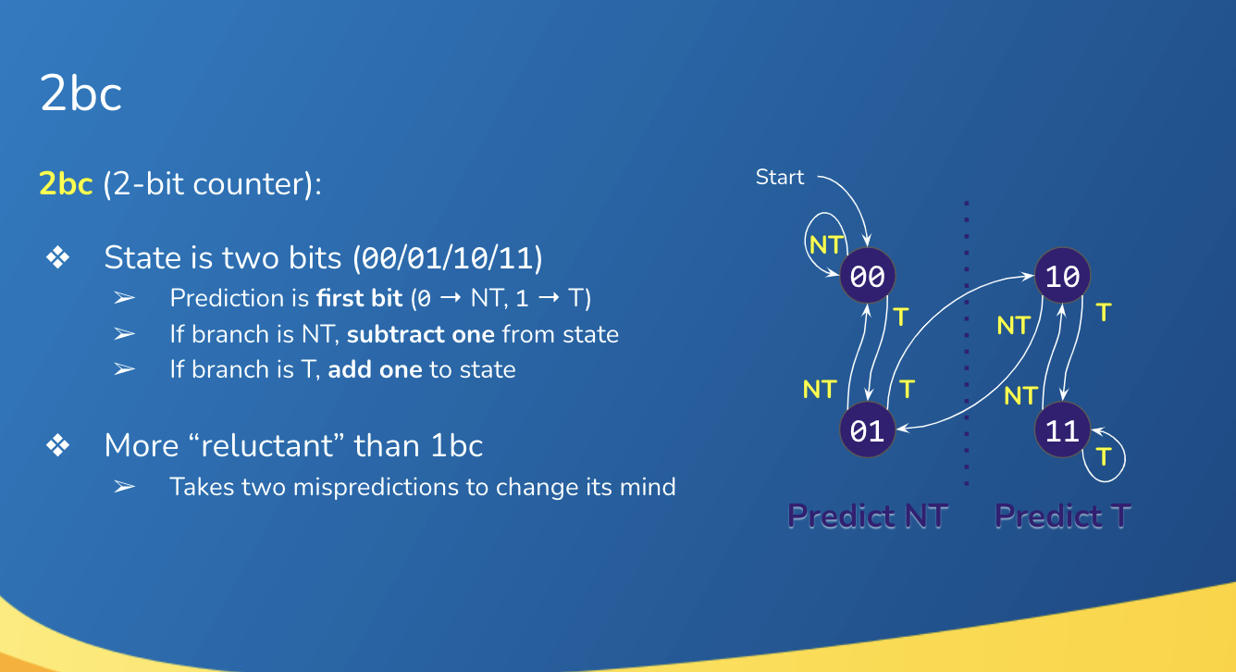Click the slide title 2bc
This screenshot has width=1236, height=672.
coord(81,94)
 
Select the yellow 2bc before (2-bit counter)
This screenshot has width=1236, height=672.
coord(66,184)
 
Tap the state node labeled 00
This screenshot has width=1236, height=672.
coord(868,276)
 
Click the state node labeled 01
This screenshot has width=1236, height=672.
coord(868,431)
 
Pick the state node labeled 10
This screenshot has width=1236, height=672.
coord(1063,276)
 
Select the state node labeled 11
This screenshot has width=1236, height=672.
coord(1063,431)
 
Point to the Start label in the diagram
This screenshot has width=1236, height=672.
coord(780,177)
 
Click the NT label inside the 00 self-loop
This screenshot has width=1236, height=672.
coord(824,244)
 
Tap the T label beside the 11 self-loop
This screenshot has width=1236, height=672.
coord(1103,456)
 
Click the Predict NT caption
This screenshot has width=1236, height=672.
coord(867,516)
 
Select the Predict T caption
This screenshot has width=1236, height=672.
coord(1062,516)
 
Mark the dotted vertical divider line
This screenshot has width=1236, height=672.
coord(967,342)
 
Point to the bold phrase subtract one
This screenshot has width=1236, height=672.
coord(422,333)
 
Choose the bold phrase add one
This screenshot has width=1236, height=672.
coord(375,369)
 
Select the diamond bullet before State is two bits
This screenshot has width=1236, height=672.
coord(58,258)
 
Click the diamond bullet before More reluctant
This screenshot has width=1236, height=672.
coord(58,446)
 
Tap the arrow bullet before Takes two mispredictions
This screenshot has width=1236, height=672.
coord(125,486)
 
